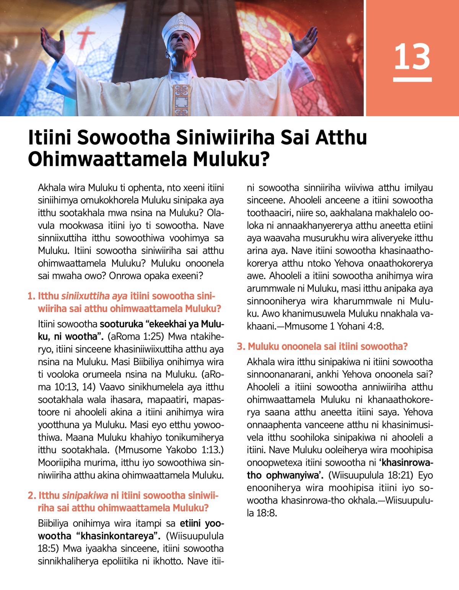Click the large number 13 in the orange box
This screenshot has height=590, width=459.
[x=412, y=57]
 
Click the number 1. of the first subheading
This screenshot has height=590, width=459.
[x=31, y=296]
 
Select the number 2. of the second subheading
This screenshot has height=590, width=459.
[x=32, y=495]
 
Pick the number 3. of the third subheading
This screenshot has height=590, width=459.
[x=241, y=346]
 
